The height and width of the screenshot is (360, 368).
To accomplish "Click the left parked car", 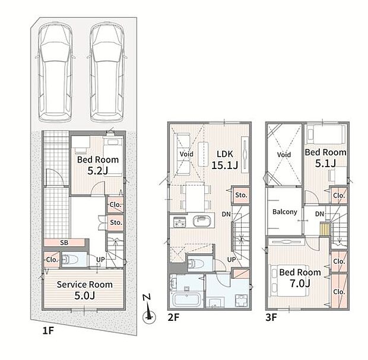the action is tap(55, 72).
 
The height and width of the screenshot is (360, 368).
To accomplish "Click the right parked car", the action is tap(107, 72).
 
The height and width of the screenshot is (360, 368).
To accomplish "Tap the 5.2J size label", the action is tap(97, 171).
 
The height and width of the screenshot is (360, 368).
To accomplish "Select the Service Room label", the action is tap(85, 285).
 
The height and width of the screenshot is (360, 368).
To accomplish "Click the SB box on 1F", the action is tap(64, 243).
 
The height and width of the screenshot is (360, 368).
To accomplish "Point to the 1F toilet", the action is tap(70, 259).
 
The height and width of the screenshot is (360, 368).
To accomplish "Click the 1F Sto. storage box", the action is tap(116, 222).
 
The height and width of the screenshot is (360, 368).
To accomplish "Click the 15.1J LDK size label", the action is tap(224, 165).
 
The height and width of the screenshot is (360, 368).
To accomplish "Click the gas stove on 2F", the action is tap(179, 222).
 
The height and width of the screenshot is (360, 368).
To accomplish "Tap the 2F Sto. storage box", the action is tap(241, 195).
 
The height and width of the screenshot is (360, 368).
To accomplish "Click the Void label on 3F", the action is tap(284, 155).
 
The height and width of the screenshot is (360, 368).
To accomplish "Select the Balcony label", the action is tap(285, 212).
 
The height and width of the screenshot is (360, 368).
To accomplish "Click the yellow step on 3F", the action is tap(324, 229).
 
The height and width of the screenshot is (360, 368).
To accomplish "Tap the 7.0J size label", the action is tap(300, 283).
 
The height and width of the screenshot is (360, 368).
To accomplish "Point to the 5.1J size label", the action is tap(325, 164).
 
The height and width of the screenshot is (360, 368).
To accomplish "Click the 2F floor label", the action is tap(173, 317).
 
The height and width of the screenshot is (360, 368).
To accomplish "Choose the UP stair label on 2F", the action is tap(231, 259).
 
